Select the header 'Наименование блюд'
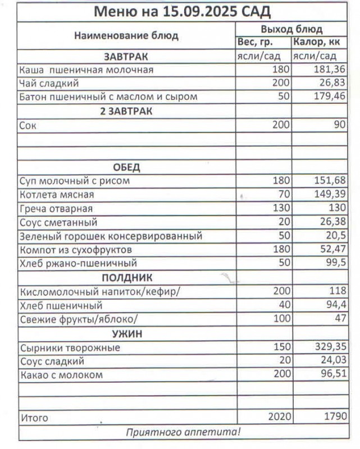[x=126, y=36]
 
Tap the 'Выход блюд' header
[x=291, y=29]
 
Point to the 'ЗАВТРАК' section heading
[x=126, y=56]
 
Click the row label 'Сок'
[x=28, y=125]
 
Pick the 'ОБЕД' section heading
[x=126, y=167]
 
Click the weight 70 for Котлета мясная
[x=283, y=195]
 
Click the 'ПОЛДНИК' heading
[x=127, y=277]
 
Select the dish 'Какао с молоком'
[x=62, y=374]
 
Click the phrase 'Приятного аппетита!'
[x=183, y=432]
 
